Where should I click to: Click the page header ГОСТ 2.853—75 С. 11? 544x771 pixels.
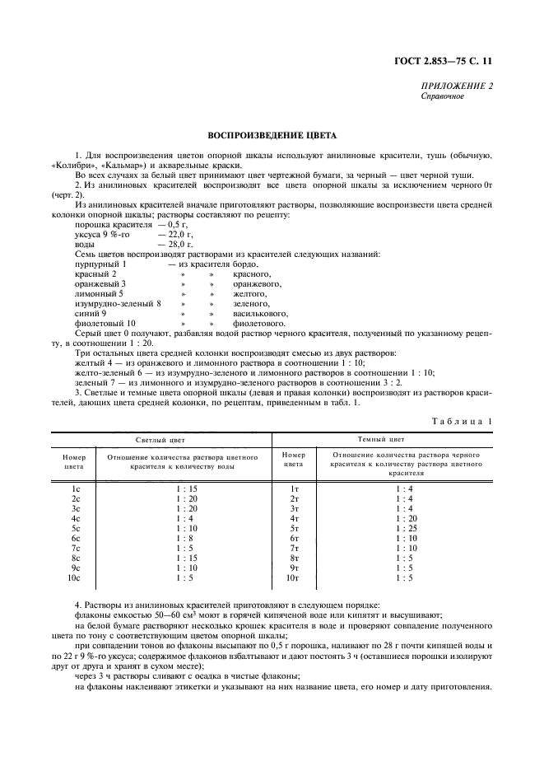[x=449, y=59]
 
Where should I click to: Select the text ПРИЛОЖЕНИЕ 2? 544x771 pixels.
[x=457, y=86]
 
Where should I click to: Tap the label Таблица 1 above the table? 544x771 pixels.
[x=462, y=421]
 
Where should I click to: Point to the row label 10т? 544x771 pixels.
[x=293, y=577]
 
